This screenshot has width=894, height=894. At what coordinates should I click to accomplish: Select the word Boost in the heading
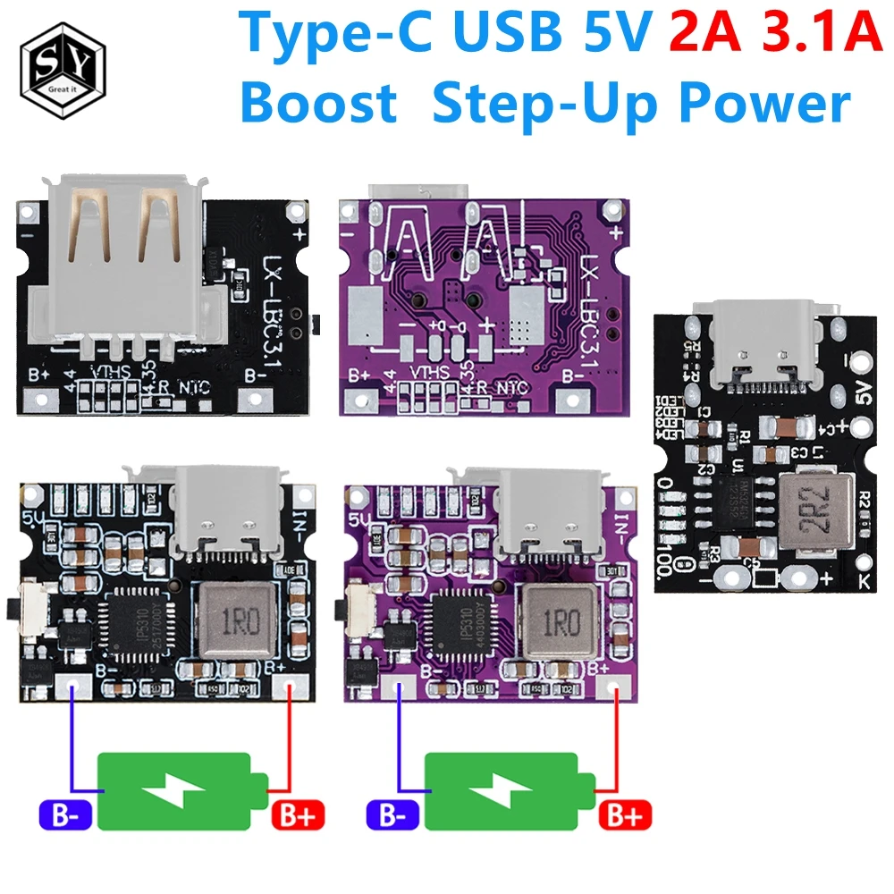coord(319,105)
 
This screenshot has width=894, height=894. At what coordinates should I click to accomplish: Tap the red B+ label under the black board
coord(297,815)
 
